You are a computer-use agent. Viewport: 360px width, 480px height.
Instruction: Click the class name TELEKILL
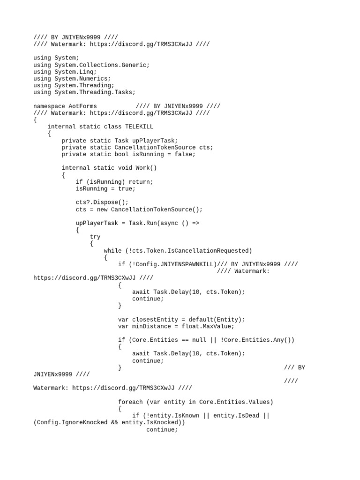point(139,127)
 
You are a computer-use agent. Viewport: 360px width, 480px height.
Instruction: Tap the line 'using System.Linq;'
point(65,72)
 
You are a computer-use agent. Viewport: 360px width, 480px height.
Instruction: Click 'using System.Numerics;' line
point(72,79)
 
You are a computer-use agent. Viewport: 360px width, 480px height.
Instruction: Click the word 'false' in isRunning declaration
point(185,154)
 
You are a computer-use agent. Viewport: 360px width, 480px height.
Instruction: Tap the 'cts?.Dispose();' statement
point(102,202)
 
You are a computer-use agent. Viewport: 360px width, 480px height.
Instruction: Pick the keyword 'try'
point(95,237)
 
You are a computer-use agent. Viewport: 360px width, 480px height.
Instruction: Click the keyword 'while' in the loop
point(112,251)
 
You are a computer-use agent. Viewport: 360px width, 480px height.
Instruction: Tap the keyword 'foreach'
point(130,402)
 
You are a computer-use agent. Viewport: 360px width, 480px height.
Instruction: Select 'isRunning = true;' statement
point(105,188)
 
